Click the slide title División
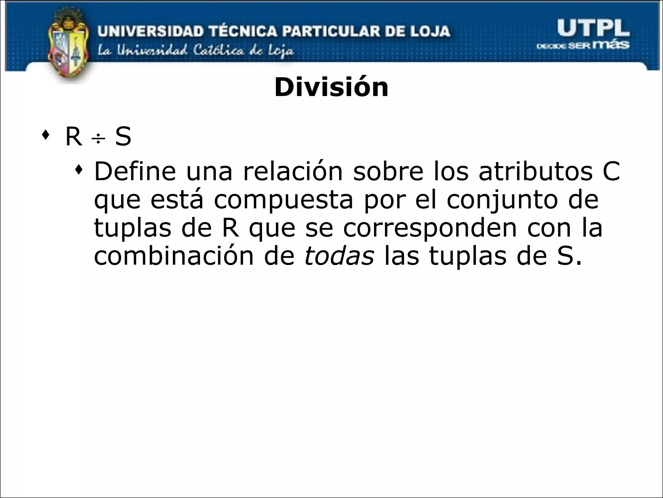tap(331, 88)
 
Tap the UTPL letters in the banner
tap(593, 28)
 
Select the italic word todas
tap(339, 256)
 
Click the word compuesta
tap(284, 200)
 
